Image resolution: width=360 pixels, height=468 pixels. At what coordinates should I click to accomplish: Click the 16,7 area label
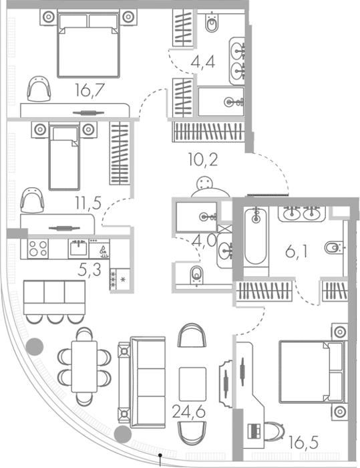(89, 90)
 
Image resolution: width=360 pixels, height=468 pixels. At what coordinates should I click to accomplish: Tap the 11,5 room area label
(88, 203)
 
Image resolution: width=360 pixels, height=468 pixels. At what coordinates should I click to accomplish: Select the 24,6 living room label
(189, 413)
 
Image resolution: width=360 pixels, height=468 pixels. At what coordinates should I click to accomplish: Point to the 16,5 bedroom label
(304, 443)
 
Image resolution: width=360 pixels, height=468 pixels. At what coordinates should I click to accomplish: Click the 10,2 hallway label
(203, 160)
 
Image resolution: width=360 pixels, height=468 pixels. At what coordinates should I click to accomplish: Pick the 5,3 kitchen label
(89, 269)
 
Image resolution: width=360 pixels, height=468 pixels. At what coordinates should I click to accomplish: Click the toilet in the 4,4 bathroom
(212, 22)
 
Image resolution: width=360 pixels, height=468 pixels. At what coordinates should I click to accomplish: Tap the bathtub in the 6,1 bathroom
(256, 236)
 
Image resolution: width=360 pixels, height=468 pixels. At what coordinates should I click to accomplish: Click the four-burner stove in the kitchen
(38, 249)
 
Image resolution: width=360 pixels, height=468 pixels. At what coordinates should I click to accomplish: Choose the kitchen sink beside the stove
(78, 248)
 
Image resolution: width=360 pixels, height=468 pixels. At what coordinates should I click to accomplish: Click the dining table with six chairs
(84, 367)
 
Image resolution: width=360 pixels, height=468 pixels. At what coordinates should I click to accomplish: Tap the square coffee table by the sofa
(192, 384)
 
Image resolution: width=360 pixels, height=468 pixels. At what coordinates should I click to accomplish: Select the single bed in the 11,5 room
(64, 156)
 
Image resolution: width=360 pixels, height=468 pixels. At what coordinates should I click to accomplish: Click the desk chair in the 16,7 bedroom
(39, 88)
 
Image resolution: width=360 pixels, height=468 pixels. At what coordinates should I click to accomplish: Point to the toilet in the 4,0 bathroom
(196, 275)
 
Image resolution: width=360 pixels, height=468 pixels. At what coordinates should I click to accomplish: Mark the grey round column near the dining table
(35, 346)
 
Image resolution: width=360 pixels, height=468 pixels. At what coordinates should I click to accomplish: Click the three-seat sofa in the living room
(142, 382)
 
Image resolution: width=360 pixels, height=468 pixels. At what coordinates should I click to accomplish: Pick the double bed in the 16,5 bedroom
(311, 372)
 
